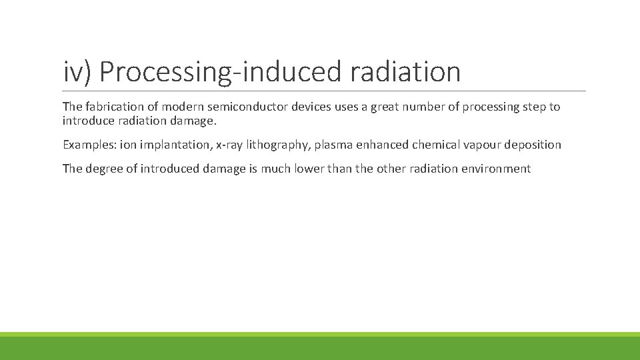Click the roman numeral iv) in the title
[78, 72]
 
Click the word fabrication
[115, 107]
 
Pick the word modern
[183, 107]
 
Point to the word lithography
[278, 145]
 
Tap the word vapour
[485, 145]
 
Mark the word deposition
[535, 145]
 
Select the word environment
[497, 169]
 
